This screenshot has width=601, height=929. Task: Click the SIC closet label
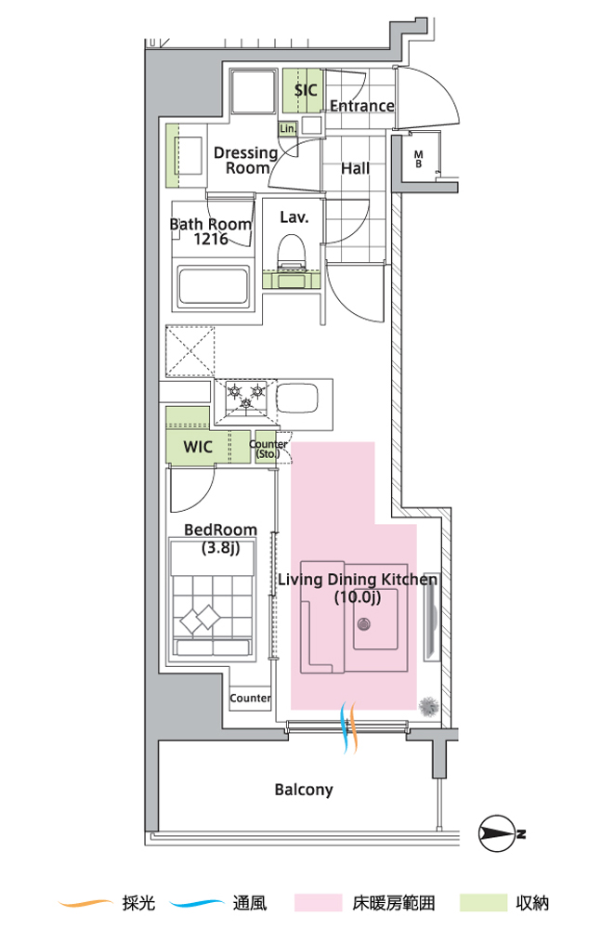[x=306, y=90]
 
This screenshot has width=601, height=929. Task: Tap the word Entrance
[x=361, y=106]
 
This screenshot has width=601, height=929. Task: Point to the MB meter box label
[x=418, y=159]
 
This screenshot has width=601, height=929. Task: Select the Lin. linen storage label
[x=288, y=128]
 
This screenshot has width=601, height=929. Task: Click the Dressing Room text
[x=246, y=161]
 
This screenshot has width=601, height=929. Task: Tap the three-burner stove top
[x=246, y=397]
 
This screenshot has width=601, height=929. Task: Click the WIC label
[x=197, y=446]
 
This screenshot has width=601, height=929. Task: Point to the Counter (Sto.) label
[x=268, y=449]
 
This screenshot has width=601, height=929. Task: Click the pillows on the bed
[x=200, y=619]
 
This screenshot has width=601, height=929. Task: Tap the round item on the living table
[x=363, y=623]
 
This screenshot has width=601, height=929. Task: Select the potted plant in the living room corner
[x=428, y=707]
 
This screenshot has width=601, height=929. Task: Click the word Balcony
[x=304, y=790]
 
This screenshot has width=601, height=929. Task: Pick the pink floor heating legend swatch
[x=319, y=903]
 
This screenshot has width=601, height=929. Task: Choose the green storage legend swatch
[x=483, y=903]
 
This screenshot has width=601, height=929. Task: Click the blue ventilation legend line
[x=196, y=903]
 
